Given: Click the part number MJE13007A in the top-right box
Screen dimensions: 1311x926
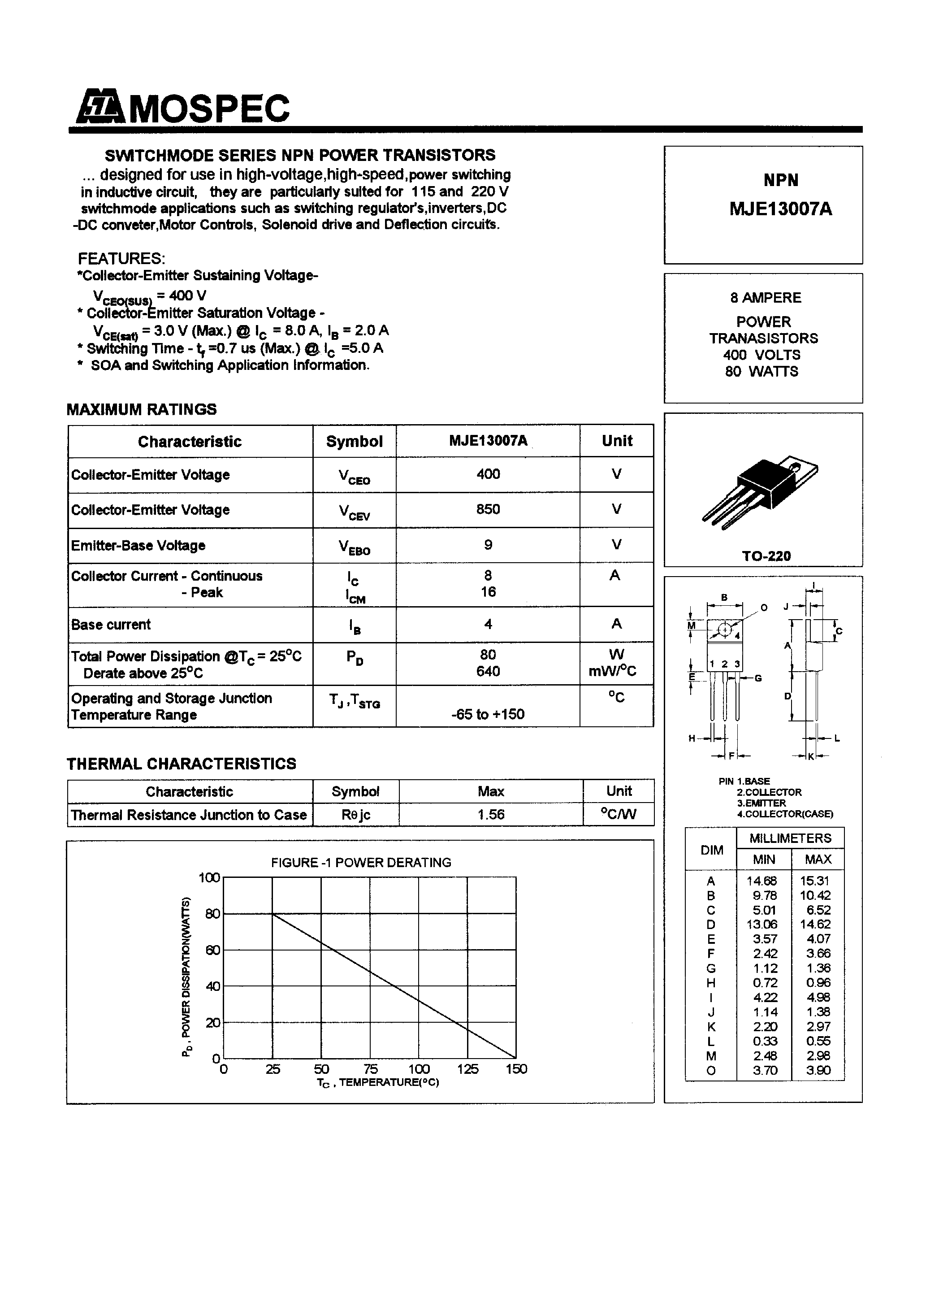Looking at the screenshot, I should [780, 209].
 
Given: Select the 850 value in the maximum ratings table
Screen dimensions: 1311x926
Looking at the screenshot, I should [488, 509].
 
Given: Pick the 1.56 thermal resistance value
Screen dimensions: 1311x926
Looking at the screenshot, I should [490, 814].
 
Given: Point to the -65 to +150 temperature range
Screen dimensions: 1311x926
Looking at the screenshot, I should [488, 714].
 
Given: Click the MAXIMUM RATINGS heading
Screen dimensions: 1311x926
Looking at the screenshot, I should [142, 409].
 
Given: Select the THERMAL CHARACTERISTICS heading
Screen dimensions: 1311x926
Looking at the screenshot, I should [182, 764].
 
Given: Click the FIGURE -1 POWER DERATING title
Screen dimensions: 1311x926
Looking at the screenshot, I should [361, 862].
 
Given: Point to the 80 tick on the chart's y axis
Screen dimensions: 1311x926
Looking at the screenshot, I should [212, 914].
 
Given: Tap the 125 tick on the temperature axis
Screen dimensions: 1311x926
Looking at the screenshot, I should [467, 1069].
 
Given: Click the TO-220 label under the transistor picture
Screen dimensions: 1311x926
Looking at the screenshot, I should [766, 556].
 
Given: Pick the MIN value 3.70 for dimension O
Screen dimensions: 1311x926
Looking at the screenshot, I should [765, 1070].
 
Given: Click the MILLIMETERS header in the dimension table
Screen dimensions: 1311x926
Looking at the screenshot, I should [790, 838].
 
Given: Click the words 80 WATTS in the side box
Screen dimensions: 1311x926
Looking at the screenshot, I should [762, 371].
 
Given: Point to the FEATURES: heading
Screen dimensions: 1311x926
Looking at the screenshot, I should [121, 258].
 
